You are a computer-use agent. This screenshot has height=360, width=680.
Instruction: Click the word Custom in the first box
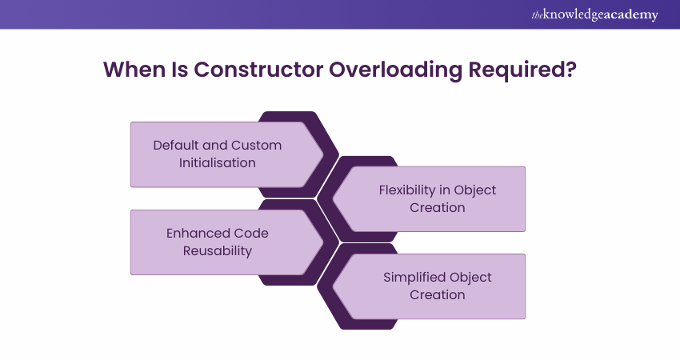click(256, 146)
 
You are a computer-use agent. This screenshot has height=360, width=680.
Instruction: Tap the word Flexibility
click(410, 190)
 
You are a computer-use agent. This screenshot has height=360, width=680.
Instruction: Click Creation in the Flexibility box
click(438, 207)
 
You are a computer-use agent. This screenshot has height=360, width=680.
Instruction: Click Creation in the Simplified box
click(438, 294)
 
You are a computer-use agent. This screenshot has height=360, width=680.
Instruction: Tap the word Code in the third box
click(252, 233)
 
